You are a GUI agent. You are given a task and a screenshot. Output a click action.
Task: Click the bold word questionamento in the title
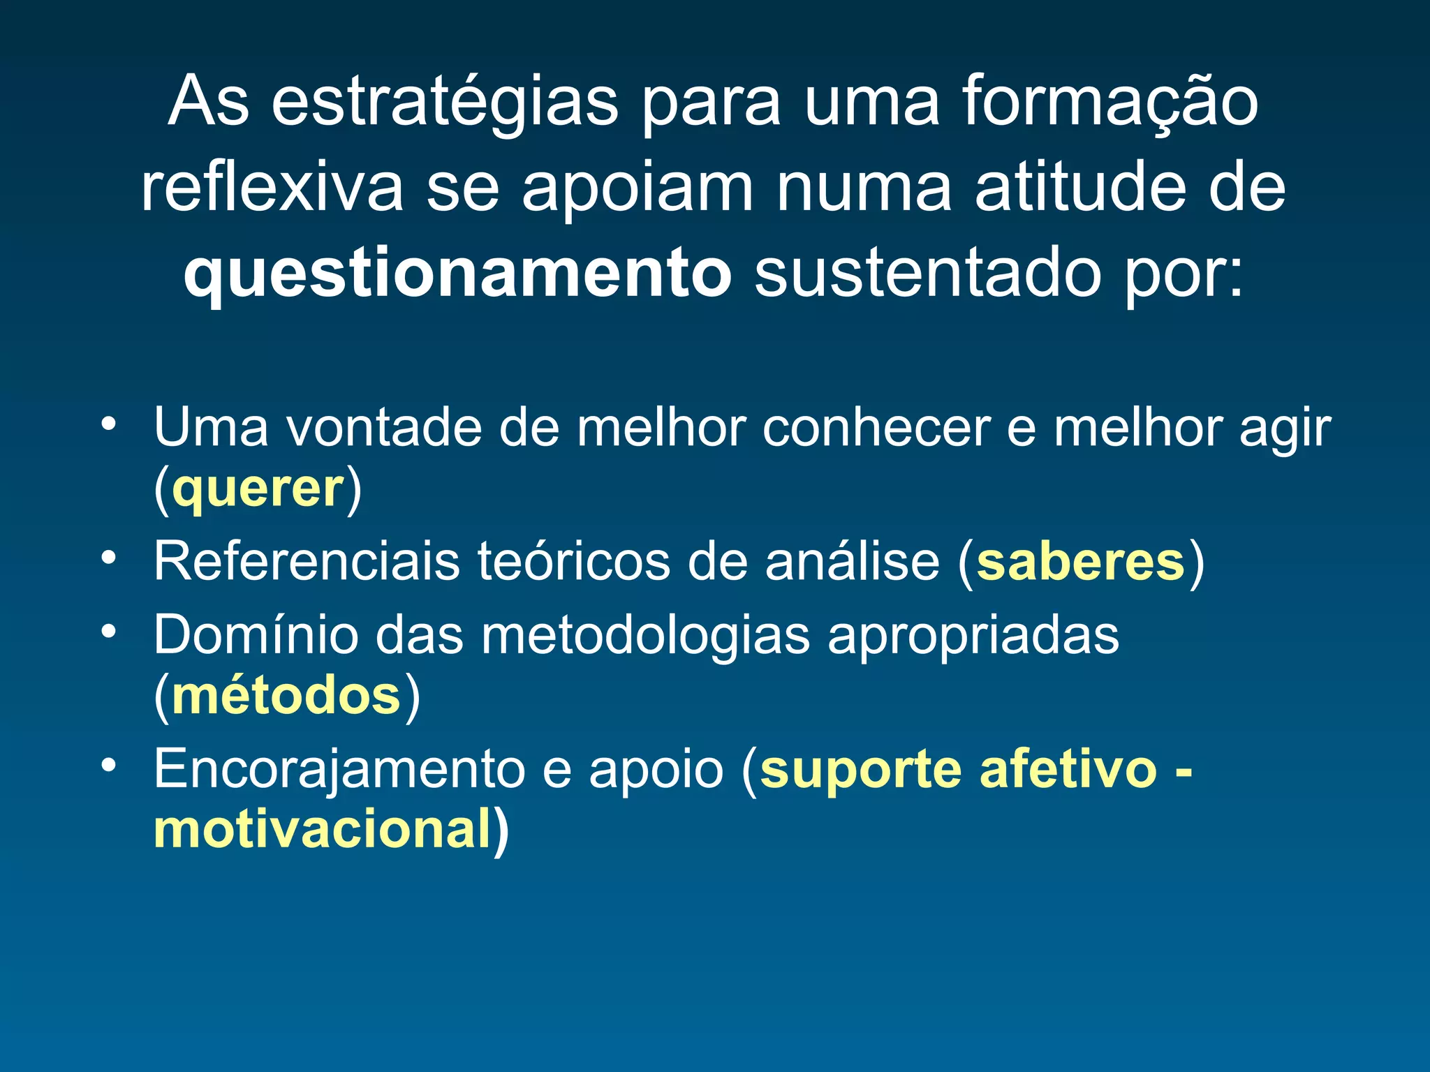457,274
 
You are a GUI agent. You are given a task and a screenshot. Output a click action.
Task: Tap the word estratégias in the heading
445,103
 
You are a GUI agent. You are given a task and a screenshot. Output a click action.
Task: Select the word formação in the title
1110,103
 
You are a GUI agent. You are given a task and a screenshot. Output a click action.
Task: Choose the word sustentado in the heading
928,274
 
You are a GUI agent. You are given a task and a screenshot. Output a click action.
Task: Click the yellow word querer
258,489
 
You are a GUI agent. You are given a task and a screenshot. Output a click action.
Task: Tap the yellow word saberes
1080,562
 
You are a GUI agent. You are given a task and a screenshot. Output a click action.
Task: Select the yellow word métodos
286,696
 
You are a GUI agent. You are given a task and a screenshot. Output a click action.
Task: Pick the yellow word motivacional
323,829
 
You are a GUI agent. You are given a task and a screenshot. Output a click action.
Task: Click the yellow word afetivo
1068,769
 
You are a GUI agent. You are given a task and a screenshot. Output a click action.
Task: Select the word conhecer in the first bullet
876,427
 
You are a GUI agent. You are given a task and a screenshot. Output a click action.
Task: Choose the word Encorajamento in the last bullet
338,769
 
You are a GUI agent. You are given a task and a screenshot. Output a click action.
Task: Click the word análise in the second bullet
853,562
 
